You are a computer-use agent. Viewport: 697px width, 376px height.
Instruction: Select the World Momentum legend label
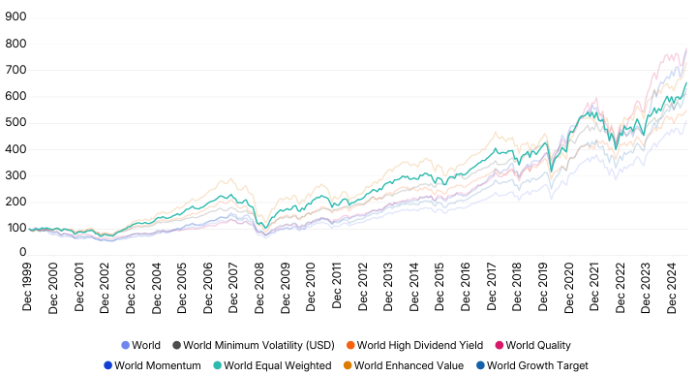point(157,365)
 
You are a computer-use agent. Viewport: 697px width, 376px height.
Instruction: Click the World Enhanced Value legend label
point(399,365)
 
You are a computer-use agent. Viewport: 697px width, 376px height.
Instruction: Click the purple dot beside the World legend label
point(125,344)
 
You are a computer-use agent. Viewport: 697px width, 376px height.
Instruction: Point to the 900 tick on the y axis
point(16,17)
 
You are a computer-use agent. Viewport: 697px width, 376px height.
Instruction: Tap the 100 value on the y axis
point(16,227)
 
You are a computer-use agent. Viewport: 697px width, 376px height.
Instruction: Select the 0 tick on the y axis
point(23,253)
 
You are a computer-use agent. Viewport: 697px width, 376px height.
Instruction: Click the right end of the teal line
point(687,83)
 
